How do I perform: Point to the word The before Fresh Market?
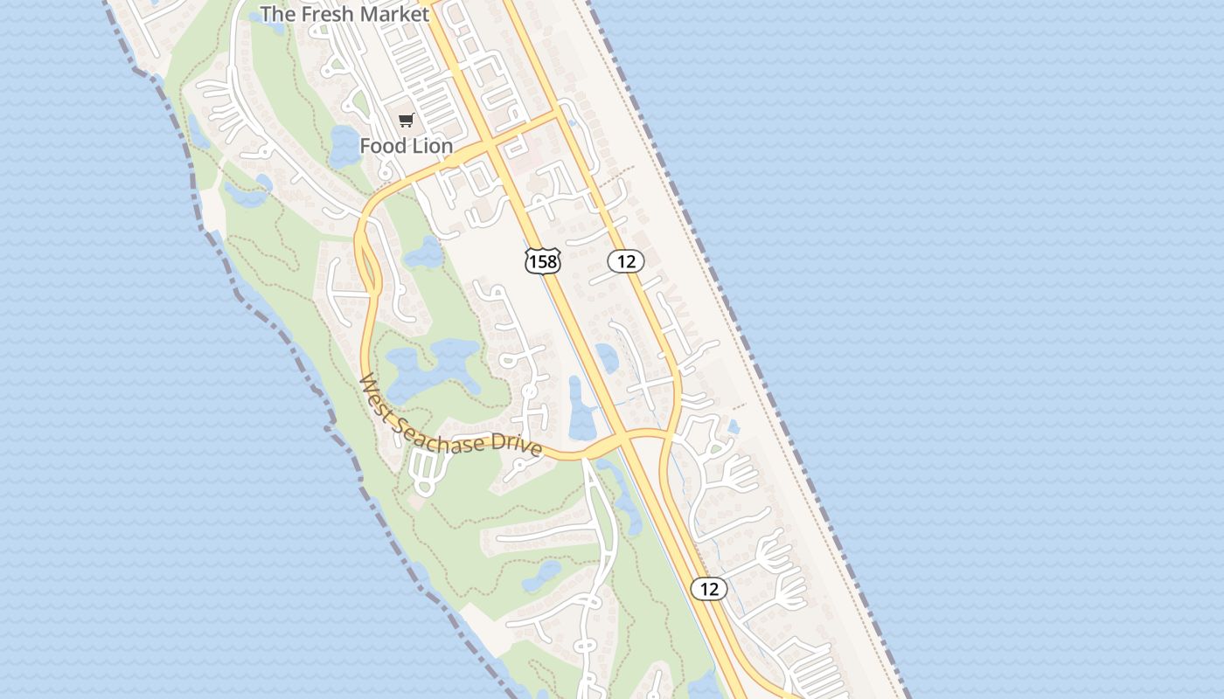278,14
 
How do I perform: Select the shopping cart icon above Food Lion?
406,121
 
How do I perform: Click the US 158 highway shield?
542,260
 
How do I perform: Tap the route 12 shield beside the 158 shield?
626,260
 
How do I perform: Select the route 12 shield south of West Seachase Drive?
709,589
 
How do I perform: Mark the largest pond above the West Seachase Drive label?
428,367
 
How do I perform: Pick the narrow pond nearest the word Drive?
581,411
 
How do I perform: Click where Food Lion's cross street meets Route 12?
560,114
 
